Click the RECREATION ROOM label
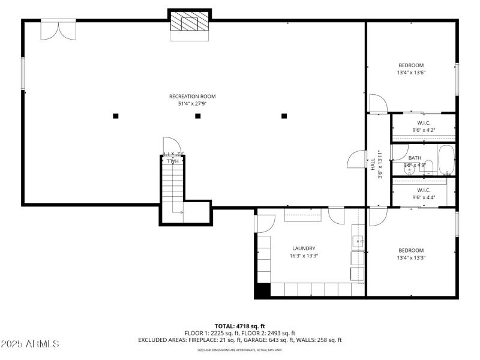point(192,96)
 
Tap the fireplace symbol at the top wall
point(190,23)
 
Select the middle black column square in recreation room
point(198,116)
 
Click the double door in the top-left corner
point(58,29)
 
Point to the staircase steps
point(172,186)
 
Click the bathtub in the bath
point(446,160)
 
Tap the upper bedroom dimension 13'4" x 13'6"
point(411,73)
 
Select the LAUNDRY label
point(304,248)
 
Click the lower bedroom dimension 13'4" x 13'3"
point(411,258)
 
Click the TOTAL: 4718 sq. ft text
point(240,326)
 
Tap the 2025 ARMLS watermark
point(30,344)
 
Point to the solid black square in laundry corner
point(262,290)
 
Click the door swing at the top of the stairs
point(172,146)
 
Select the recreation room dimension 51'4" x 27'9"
point(192,104)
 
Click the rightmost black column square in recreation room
point(284,116)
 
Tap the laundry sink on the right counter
point(358,242)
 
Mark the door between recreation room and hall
point(356,160)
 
